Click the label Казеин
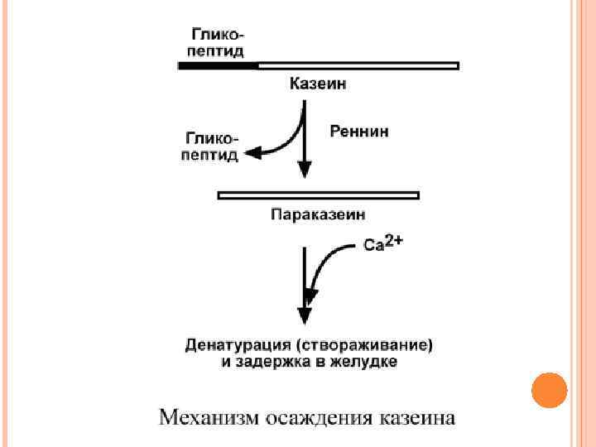[x=317, y=83]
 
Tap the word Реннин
[x=359, y=131]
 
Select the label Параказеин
[x=318, y=215]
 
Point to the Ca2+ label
[x=382, y=243]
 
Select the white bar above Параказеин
[x=318, y=195]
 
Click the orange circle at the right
[x=547, y=391]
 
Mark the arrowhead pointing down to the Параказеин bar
[x=305, y=170]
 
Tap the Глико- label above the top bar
[x=219, y=35]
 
